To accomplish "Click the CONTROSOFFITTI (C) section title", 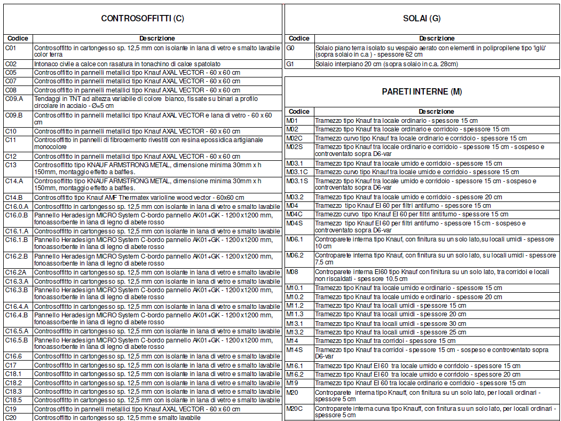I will [143, 19].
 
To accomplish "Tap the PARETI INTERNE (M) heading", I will [422, 91].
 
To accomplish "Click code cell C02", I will [11, 64].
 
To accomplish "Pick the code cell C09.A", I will [14, 99].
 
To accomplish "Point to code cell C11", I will [11, 139].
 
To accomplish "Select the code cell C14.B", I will [14, 198].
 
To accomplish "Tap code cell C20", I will [11, 417].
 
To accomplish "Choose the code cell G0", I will [291, 48].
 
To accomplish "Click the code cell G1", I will [290, 64].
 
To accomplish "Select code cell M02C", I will [295, 138].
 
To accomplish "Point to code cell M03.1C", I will [297, 172].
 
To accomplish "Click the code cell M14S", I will [295, 349].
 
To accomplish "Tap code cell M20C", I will [295, 409].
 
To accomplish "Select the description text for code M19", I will [420, 383].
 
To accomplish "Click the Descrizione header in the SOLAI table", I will [437, 38].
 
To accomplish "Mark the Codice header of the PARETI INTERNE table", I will [299, 112].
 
